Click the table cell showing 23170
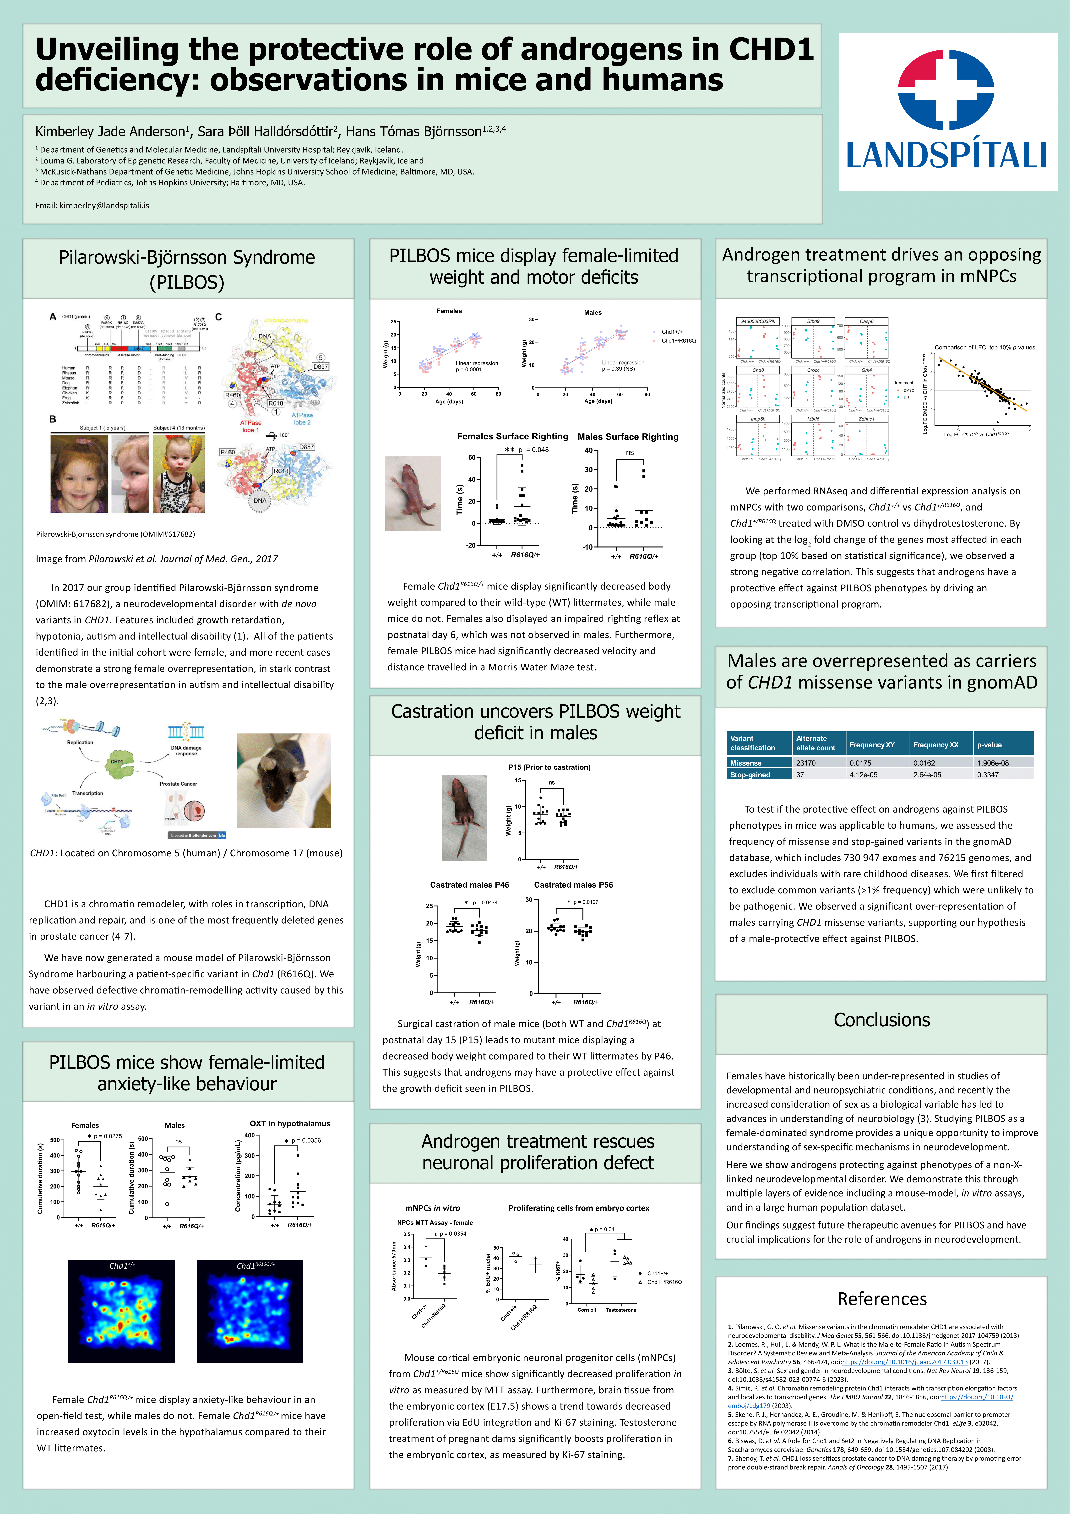point(806,763)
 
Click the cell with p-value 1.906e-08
point(993,763)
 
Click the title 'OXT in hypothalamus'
point(290,1123)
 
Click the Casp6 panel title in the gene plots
point(866,321)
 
